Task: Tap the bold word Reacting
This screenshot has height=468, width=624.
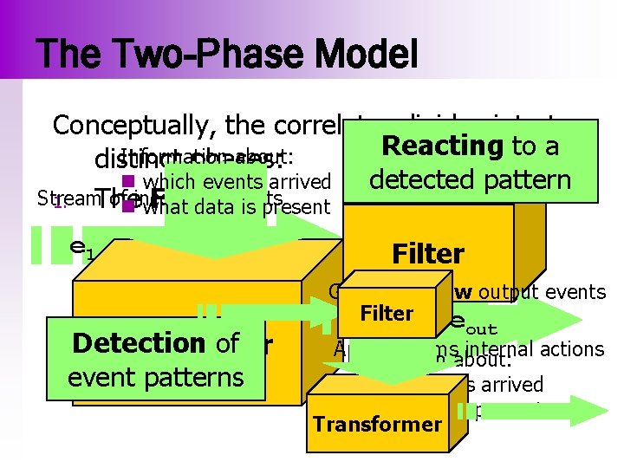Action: [437, 146]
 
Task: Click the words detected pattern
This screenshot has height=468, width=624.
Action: [469, 179]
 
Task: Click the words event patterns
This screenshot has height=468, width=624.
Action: [155, 377]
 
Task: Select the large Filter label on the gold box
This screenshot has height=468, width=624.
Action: [428, 254]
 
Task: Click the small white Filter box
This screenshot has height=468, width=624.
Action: [387, 313]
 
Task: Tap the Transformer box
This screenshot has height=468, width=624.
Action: [377, 424]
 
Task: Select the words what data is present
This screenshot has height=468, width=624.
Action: [237, 206]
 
